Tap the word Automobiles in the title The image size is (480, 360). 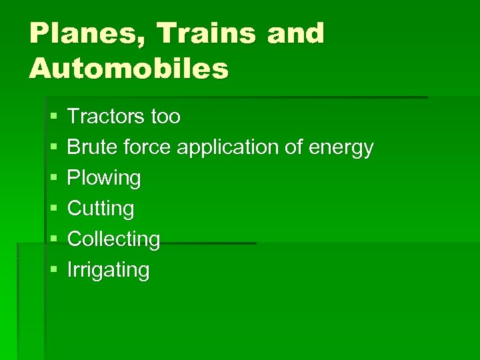pos(129,68)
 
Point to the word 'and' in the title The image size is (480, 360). pos(295,33)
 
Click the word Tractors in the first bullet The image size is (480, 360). pos(105,117)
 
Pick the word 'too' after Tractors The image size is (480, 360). pos(165,117)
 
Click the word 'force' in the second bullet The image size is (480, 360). pos(147,147)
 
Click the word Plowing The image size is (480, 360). pos(104,179)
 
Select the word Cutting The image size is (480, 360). pos(101,209)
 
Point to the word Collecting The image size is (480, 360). pos(114,239)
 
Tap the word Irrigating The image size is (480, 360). pos(109,271)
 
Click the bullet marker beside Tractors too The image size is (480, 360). pos(53,117)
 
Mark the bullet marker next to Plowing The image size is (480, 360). pos(53,179)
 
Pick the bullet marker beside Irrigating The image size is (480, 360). pos(53,271)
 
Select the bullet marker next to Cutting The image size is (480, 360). pos(53,209)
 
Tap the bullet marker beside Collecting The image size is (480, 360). pos(53,240)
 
